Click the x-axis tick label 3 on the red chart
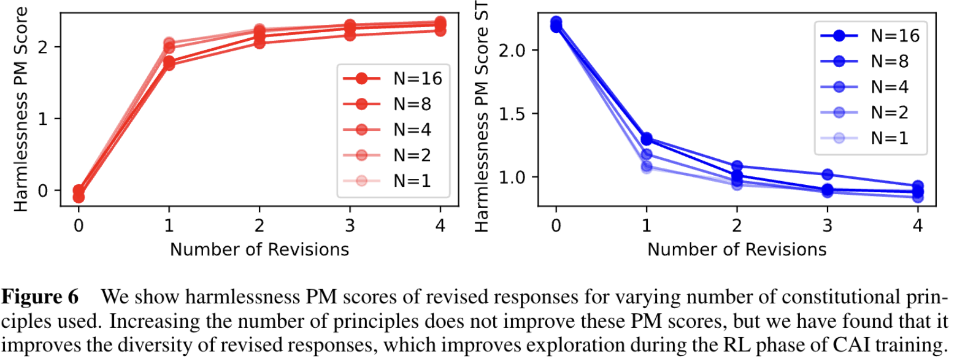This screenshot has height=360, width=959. coord(350,226)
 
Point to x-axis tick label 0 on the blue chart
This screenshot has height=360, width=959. coord(556,226)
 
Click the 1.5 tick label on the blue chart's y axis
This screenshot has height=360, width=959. coord(512,114)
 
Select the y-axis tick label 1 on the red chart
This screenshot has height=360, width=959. coord(42,119)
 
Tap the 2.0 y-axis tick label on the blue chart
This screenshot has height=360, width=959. coord(512,51)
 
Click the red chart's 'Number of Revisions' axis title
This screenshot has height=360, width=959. coord(259,249)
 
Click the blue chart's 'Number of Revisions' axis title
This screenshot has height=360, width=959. coord(737,249)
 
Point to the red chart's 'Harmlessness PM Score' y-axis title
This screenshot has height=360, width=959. coord(21,109)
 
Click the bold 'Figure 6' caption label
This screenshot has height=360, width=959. coord(40,297)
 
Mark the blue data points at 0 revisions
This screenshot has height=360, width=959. coord(556,24)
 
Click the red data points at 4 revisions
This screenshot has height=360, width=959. coord(440,26)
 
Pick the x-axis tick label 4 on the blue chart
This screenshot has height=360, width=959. coord(918,226)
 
